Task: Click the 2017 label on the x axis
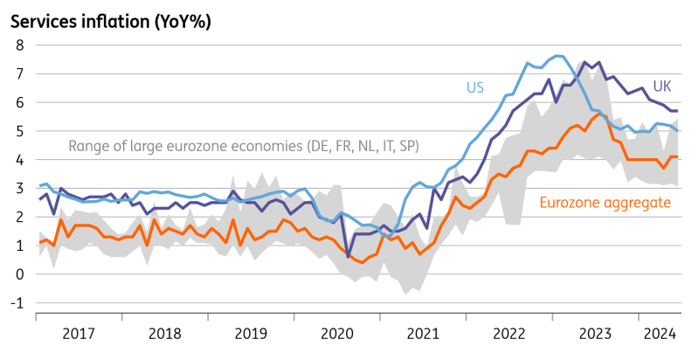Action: [79, 333]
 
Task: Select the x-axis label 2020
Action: [336, 333]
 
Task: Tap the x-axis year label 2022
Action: [509, 333]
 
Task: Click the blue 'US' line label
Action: [474, 87]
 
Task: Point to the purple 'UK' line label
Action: [662, 87]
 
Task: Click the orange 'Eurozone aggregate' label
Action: [605, 204]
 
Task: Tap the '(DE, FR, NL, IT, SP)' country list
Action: [356, 146]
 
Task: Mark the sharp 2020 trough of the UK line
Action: [349, 257]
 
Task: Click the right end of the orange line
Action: [679, 156]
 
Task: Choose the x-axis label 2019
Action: [251, 333]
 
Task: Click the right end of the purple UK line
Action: [679, 111]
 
